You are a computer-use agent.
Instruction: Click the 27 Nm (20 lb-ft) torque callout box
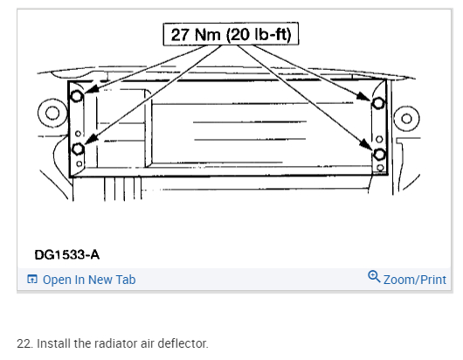coord(231,34)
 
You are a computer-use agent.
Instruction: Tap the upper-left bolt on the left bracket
coord(77,96)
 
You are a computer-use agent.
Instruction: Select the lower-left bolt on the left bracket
coord(79,149)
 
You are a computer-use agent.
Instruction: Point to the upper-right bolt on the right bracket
coord(378,103)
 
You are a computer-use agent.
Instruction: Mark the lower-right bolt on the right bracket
coord(379,155)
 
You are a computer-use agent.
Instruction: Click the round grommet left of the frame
coord(52,113)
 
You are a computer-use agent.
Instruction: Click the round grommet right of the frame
coord(406,119)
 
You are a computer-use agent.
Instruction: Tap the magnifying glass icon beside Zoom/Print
coord(374,276)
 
